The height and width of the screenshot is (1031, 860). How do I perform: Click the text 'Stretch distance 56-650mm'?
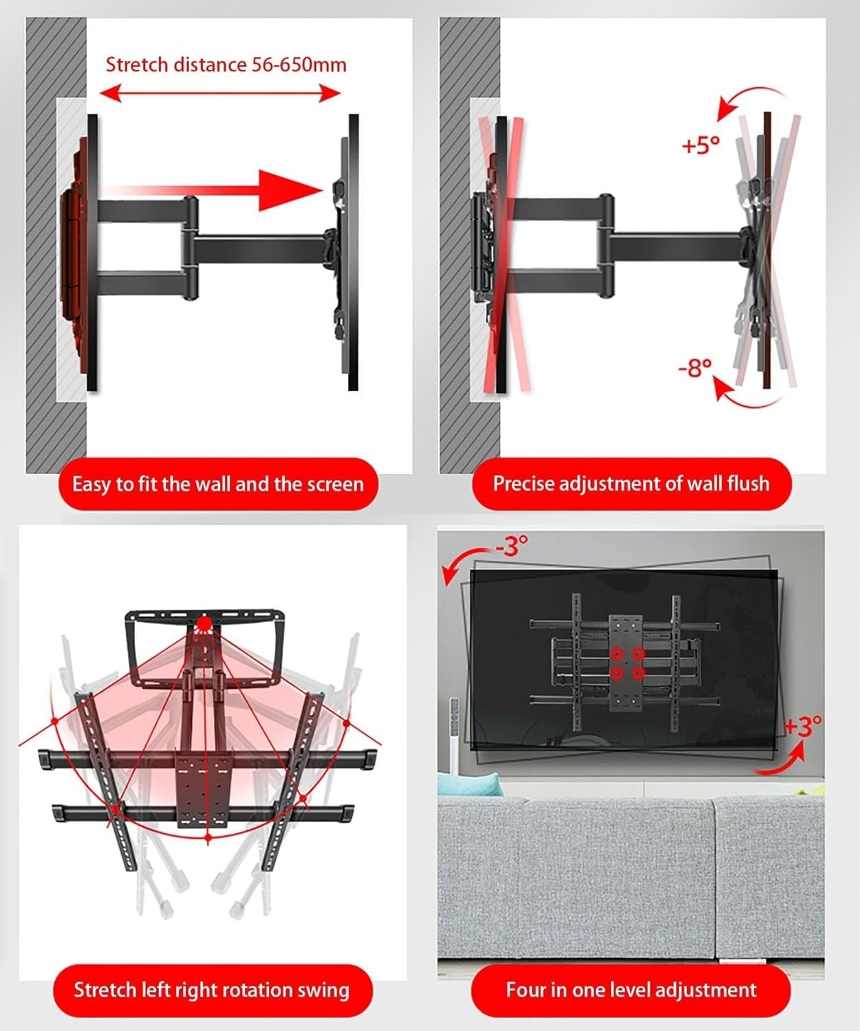226,65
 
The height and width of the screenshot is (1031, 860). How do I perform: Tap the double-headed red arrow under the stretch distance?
220,93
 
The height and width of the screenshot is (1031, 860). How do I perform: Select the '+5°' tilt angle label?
700,145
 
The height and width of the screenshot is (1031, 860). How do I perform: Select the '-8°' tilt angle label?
695,368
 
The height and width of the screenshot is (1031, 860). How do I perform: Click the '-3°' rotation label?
512,546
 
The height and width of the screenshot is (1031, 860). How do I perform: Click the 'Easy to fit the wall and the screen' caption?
217,484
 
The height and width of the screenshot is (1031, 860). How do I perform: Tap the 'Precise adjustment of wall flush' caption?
631,483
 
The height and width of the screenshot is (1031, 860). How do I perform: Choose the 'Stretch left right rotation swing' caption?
212,990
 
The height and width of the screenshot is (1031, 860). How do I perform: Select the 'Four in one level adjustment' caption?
631,990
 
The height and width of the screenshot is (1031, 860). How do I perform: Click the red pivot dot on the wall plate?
204,624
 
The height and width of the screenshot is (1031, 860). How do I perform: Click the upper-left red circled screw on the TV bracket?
616,653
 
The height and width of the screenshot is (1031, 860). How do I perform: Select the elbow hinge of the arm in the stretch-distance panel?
189,249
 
